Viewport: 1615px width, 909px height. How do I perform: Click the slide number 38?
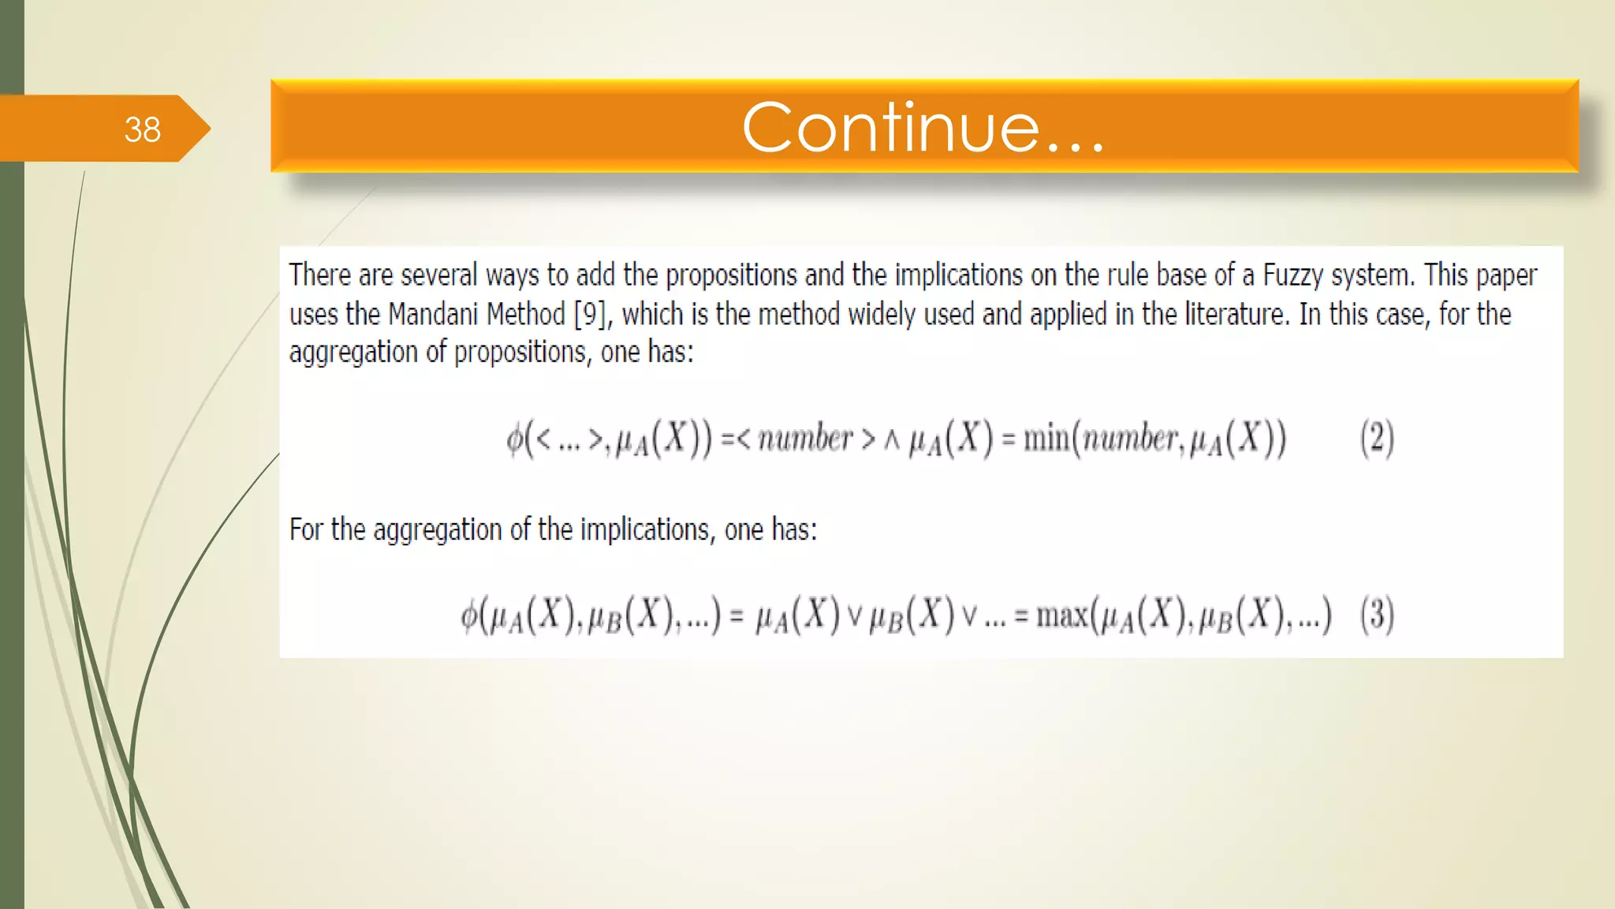click(142, 129)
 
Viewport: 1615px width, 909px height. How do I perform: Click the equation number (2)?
click(1377, 438)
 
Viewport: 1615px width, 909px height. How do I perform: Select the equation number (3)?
click(1377, 614)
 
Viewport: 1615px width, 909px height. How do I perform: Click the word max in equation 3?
click(1061, 614)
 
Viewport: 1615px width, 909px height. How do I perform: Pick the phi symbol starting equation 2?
click(515, 438)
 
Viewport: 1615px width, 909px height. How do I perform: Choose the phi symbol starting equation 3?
click(469, 615)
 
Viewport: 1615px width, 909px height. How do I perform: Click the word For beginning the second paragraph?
click(306, 529)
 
